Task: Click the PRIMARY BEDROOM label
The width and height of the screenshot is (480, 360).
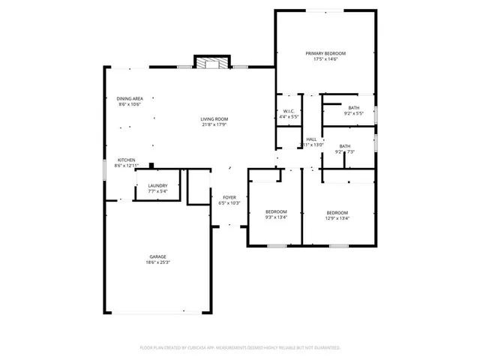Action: tap(325, 53)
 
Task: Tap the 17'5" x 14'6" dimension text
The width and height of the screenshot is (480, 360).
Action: tap(325, 59)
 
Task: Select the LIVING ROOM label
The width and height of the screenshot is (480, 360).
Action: tap(214, 119)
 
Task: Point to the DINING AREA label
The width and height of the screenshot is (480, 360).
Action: tap(130, 99)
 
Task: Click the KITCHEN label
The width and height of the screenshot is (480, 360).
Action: tap(126, 160)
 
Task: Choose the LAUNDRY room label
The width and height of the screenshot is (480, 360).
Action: tap(157, 186)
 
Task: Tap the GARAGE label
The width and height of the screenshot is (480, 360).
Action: tap(157, 256)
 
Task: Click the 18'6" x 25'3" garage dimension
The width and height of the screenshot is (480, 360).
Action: tap(157, 262)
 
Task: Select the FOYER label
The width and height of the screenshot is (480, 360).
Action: tap(229, 197)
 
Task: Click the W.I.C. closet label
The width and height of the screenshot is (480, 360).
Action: tap(289, 112)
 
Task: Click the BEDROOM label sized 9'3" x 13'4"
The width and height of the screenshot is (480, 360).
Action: tap(276, 212)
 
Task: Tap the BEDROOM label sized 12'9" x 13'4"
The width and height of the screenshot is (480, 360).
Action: tap(337, 213)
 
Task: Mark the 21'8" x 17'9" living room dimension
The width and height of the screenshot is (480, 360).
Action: tap(214, 125)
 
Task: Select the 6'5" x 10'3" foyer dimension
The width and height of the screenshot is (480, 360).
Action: tap(229, 203)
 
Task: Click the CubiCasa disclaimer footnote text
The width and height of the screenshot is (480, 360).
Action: tap(240, 348)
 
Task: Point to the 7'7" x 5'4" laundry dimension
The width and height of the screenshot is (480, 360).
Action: tap(157, 192)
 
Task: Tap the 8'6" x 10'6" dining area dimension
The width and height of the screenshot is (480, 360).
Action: tap(130, 105)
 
